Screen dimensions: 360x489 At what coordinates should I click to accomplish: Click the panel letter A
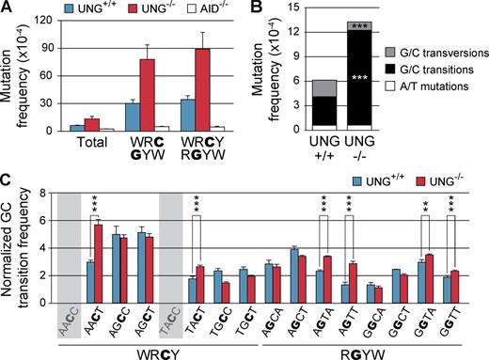click(x=8, y=8)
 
